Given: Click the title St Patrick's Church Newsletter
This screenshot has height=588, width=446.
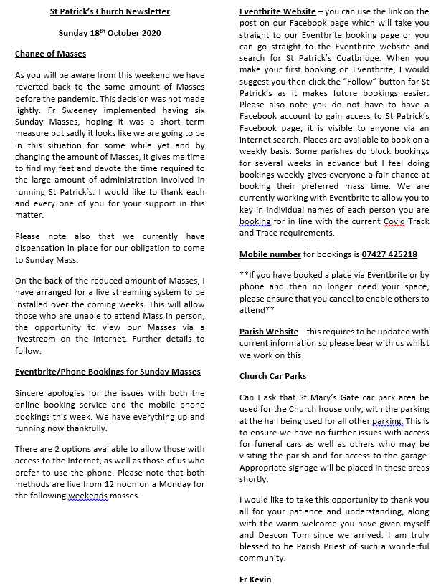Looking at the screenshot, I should click(109, 12).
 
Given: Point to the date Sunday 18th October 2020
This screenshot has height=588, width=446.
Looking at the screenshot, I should click(109, 33).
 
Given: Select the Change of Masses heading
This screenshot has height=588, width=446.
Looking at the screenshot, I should click(51, 54).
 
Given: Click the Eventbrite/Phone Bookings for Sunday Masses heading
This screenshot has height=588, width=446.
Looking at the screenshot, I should click(108, 372).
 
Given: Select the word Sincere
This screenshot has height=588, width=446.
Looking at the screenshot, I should click(32, 394).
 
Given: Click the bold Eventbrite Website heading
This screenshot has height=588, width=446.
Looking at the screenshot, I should click(277, 12).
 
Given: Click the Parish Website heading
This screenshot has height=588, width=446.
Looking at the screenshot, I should click(269, 332).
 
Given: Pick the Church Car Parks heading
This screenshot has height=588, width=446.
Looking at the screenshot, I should click(272, 376).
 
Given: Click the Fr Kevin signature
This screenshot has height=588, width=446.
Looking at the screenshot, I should click(255, 579).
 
